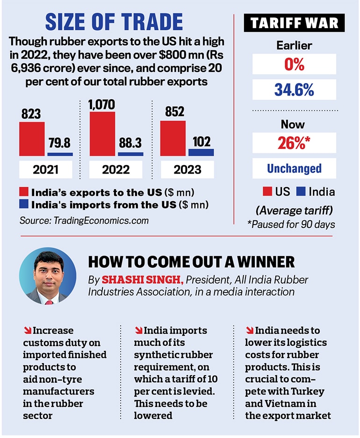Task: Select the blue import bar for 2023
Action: (x=201, y=152)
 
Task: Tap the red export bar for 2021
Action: (x=32, y=139)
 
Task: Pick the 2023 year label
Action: (x=187, y=168)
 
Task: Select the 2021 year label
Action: (x=46, y=168)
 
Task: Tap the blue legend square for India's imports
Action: (x=23, y=205)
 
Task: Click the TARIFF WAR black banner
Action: (x=295, y=22)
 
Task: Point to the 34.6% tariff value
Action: (x=294, y=89)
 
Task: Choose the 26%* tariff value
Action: (x=294, y=143)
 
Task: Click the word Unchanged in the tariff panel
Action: (x=294, y=168)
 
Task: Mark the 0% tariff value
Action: (x=294, y=64)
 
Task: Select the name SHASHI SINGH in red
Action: (x=143, y=279)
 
